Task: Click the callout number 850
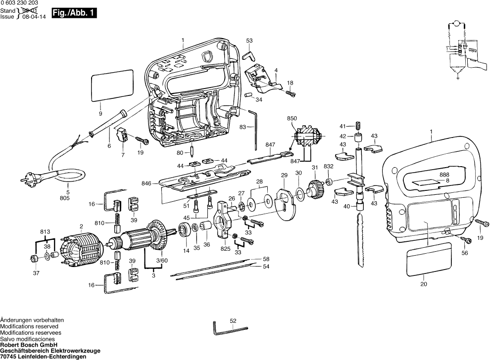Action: (x=292, y=119)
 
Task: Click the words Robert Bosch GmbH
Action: (x=29, y=345)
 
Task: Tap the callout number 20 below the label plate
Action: (x=423, y=284)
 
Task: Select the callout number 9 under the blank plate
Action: (x=100, y=113)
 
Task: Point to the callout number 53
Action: (x=249, y=40)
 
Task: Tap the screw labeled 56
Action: (x=466, y=240)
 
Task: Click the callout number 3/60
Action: (x=161, y=261)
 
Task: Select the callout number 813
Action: (x=45, y=231)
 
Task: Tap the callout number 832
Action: (x=329, y=167)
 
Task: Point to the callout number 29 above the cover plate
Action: (x=284, y=176)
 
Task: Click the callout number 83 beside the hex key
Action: (x=243, y=127)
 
